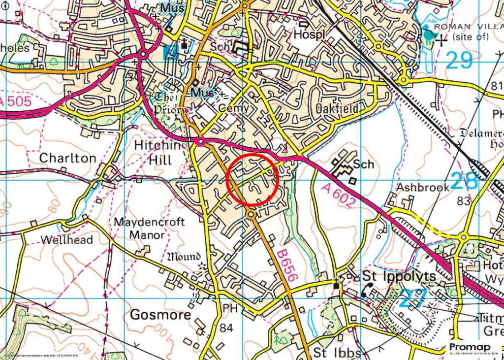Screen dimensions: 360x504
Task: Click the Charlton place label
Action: pyautogui.click(x=67, y=158)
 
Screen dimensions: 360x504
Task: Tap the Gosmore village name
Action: pyautogui.click(x=160, y=315)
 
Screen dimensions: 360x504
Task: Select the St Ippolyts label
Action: pyautogui.click(x=399, y=276)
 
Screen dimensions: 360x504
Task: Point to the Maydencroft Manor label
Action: pyautogui.click(x=150, y=229)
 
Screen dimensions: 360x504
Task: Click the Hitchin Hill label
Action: pyautogui.click(x=154, y=153)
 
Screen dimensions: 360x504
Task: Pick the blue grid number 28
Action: pyautogui.click(x=465, y=181)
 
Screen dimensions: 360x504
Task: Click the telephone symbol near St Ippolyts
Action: pyautogui.click(x=367, y=290)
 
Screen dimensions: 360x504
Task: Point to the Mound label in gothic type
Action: pyautogui.click(x=185, y=257)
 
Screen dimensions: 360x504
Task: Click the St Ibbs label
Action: pyautogui.click(x=337, y=353)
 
